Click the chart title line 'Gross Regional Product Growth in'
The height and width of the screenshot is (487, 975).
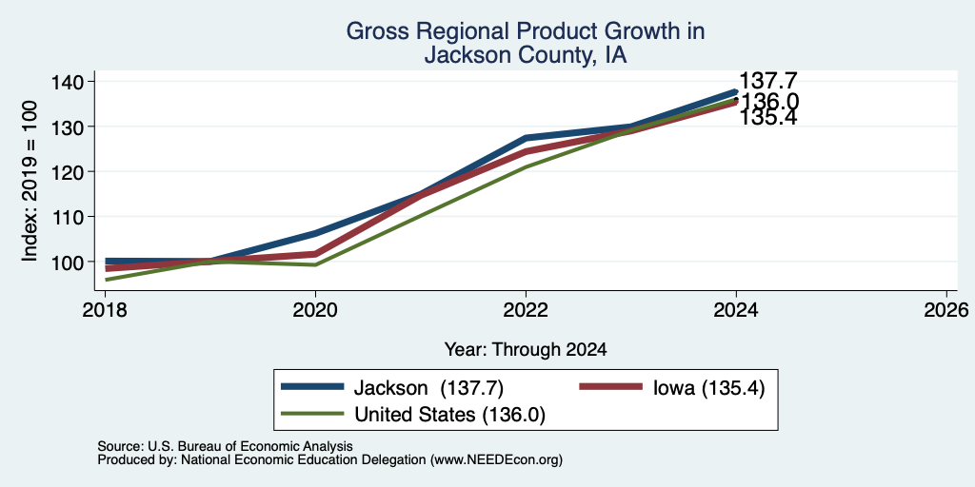(526, 31)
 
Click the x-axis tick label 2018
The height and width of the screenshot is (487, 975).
(105, 309)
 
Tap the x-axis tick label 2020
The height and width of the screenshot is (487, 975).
(315, 309)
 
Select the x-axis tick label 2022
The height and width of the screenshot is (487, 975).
(526, 309)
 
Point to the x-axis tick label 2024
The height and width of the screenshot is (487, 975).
(736, 309)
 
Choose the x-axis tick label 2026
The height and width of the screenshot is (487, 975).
(946, 309)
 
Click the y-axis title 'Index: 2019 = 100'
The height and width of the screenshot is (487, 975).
(30, 182)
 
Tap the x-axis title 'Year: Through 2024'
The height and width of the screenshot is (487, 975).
(526, 349)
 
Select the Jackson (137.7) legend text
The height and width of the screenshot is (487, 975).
(428, 388)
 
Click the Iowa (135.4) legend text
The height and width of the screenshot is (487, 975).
(708, 388)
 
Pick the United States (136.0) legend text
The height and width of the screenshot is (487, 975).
(449, 415)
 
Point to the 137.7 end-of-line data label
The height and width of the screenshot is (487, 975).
(768, 80)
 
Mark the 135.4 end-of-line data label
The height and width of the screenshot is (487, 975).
(768, 117)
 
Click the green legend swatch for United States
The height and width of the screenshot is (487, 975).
(312, 413)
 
